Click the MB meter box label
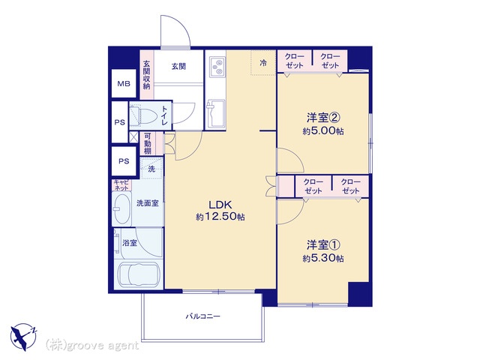[x=124, y=83]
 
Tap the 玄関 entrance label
[x=178, y=67]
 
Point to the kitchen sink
[x=216, y=113]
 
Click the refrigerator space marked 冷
[x=263, y=63]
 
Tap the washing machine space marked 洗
[x=151, y=169]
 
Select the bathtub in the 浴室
[x=139, y=274]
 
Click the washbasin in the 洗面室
[x=121, y=208]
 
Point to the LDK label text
[x=220, y=204]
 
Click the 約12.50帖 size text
[x=220, y=217]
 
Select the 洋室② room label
[x=324, y=117]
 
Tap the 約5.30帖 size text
[x=323, y=258]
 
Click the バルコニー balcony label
[x=203, y=316]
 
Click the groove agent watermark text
[x=91, y=346]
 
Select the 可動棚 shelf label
[x=148, y=143]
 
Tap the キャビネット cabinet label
[x=121, y=185]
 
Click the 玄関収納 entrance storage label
[x=147, y=75]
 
